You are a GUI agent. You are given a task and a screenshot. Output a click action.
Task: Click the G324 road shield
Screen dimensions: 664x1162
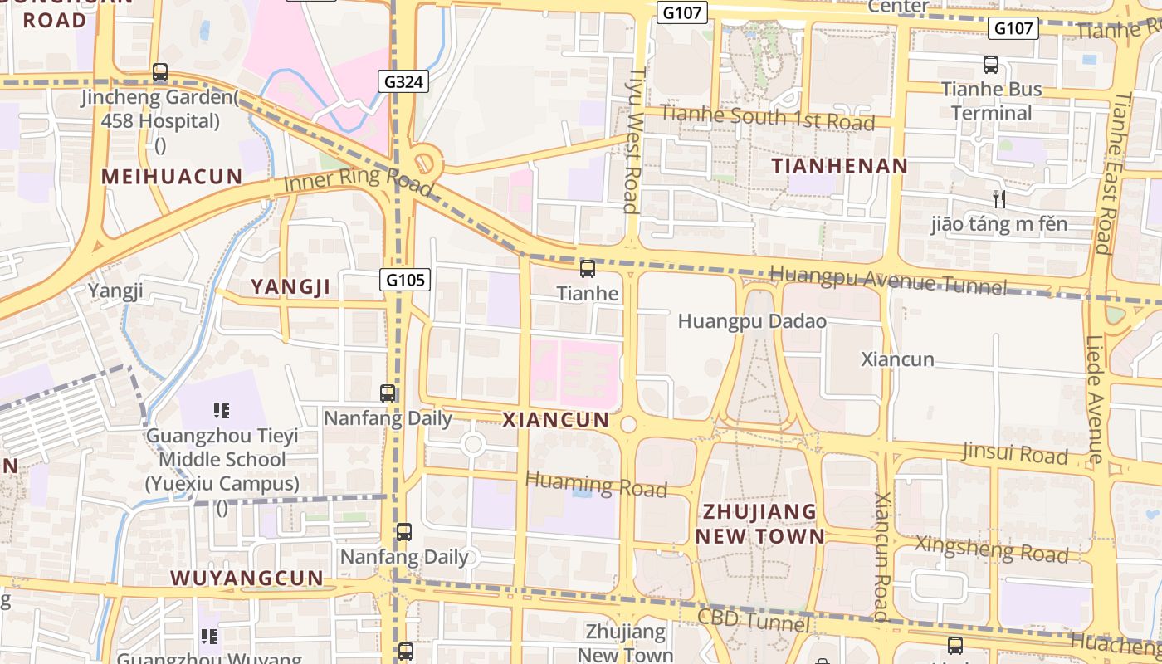pos(404,81)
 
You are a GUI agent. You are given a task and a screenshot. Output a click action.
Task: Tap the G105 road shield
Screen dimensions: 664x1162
pos(406,280)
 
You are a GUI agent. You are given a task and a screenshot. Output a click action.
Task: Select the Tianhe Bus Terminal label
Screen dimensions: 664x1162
pos(991,101)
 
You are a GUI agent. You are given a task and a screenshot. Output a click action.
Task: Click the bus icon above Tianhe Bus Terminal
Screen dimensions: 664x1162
pos(990,64)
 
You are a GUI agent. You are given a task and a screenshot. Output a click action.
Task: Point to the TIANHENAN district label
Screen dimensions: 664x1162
pos(840,166)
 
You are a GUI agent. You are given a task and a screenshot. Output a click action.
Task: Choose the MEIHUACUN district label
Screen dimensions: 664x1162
pos(172,177)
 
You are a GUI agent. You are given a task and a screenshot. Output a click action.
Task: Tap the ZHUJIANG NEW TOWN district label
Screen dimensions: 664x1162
pos(760,523)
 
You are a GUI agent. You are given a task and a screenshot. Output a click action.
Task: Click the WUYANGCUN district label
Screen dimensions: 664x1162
pos(247,578)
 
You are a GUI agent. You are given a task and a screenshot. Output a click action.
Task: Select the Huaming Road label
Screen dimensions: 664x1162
pos(596,484)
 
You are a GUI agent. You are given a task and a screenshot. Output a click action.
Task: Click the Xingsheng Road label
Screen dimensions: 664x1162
pos(991,549)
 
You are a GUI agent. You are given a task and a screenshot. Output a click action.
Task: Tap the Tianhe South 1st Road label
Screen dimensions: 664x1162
pos(768,118)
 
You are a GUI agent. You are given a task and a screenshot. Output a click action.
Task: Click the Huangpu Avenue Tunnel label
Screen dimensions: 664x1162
pos(888,281)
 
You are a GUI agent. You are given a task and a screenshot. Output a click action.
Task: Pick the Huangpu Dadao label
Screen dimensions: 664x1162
pos(752,320)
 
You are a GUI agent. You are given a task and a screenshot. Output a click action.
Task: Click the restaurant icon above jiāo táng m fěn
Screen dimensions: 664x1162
pos(999,199)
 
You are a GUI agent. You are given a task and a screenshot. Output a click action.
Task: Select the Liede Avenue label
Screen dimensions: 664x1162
pos(1095,398)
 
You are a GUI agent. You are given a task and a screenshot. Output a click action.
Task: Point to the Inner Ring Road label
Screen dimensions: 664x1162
pos(359,180)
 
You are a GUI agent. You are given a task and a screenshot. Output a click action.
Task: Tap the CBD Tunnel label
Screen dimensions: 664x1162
pos(754,619)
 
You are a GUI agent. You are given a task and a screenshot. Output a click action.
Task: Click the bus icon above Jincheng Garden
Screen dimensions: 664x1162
pos(160,73)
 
